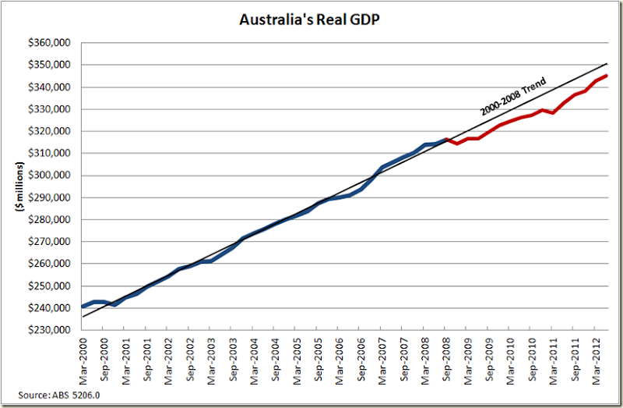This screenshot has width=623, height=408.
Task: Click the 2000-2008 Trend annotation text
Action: pos(513,95)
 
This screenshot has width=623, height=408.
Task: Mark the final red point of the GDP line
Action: pos(607,76)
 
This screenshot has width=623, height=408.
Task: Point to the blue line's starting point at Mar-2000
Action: pos(83,306)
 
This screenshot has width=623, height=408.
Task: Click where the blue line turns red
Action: pos(445,140)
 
